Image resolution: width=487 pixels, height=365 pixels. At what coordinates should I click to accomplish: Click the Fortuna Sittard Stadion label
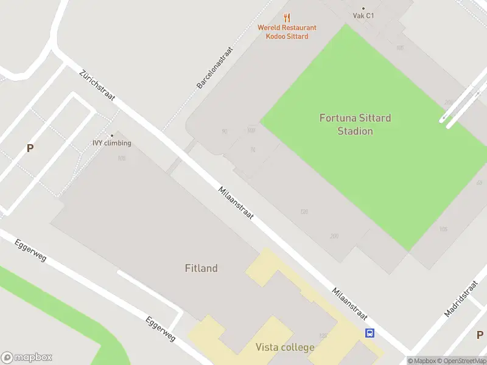click(355, 124)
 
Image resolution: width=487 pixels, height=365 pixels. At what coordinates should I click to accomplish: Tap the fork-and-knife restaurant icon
click(287, 18)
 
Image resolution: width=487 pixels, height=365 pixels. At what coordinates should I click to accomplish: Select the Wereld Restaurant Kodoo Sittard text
click(287, 32)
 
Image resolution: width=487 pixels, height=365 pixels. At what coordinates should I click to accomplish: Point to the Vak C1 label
click(363, 16)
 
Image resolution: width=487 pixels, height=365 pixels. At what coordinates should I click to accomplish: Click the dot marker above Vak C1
click(363, 8)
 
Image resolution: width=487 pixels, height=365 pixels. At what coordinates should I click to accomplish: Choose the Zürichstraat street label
click(97, 85)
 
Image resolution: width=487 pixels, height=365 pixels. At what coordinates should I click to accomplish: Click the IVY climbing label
click(111, 143)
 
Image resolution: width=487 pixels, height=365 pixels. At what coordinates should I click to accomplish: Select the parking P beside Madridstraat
click(480, 335)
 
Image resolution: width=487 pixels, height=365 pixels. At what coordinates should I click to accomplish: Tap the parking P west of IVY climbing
click(29, 148)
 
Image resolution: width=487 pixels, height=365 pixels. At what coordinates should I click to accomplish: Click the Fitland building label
click(201, 268)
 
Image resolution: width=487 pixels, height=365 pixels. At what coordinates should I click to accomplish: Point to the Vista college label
click(285, 347)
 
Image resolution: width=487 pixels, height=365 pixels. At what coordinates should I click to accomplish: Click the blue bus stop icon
click(370, 333)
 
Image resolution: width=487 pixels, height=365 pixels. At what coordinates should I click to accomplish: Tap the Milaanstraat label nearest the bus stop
click(349, 303)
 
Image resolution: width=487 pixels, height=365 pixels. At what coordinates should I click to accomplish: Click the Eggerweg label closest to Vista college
click(161, 328)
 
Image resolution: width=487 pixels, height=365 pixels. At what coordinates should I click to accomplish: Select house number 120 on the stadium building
click(304, 212)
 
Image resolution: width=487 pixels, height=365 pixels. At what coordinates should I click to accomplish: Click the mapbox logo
click(27, 357)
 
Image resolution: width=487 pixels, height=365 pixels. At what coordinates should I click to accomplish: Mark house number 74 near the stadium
click(253, 150)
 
